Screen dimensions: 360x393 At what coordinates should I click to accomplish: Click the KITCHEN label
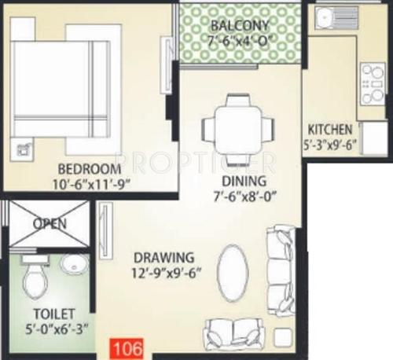coord(329,130)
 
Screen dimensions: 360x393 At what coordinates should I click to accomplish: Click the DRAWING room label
coord(163,257)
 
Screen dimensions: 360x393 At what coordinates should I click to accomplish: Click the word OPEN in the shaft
coord(49,223)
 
